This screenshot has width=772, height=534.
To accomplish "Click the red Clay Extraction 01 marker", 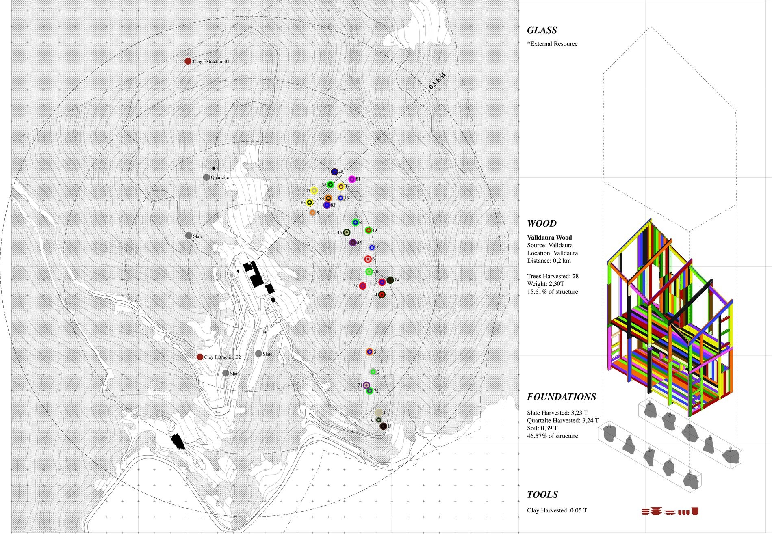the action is tap(188, 61).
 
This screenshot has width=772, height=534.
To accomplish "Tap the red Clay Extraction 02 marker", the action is tap(200, 357).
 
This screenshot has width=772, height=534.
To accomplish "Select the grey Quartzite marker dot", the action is tap(206, 177).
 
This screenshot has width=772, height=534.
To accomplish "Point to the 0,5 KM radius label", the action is tap(438, 81).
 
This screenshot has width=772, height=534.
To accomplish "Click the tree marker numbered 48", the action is tap(334, 172).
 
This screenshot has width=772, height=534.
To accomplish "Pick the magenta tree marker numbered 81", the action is tap(352, 179).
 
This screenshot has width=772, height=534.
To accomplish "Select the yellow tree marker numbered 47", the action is tap(314, 190).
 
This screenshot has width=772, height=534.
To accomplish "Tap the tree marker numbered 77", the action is tap(363, 286).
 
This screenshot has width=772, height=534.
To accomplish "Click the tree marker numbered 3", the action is tap(369, 352).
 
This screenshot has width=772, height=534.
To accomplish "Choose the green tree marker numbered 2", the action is tap(373, 372).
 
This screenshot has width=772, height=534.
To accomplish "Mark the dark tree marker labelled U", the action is tap(383, 426).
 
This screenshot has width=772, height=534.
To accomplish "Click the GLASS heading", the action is tap(542, 30).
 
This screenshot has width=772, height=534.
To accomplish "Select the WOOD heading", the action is tap(542, 223).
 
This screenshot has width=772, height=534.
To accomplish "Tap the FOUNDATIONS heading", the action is tap(562, 397).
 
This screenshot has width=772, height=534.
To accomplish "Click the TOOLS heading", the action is tap(542, 495).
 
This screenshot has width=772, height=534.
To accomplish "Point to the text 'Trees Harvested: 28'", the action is tap(553, 276).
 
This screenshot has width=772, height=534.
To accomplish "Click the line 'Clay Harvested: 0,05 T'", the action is tap(557, 510).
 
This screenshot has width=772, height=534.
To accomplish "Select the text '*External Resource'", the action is tap(552, 44).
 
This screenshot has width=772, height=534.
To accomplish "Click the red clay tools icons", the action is tap(670, 511).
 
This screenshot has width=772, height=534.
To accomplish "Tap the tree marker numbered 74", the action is tap(390, 280).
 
